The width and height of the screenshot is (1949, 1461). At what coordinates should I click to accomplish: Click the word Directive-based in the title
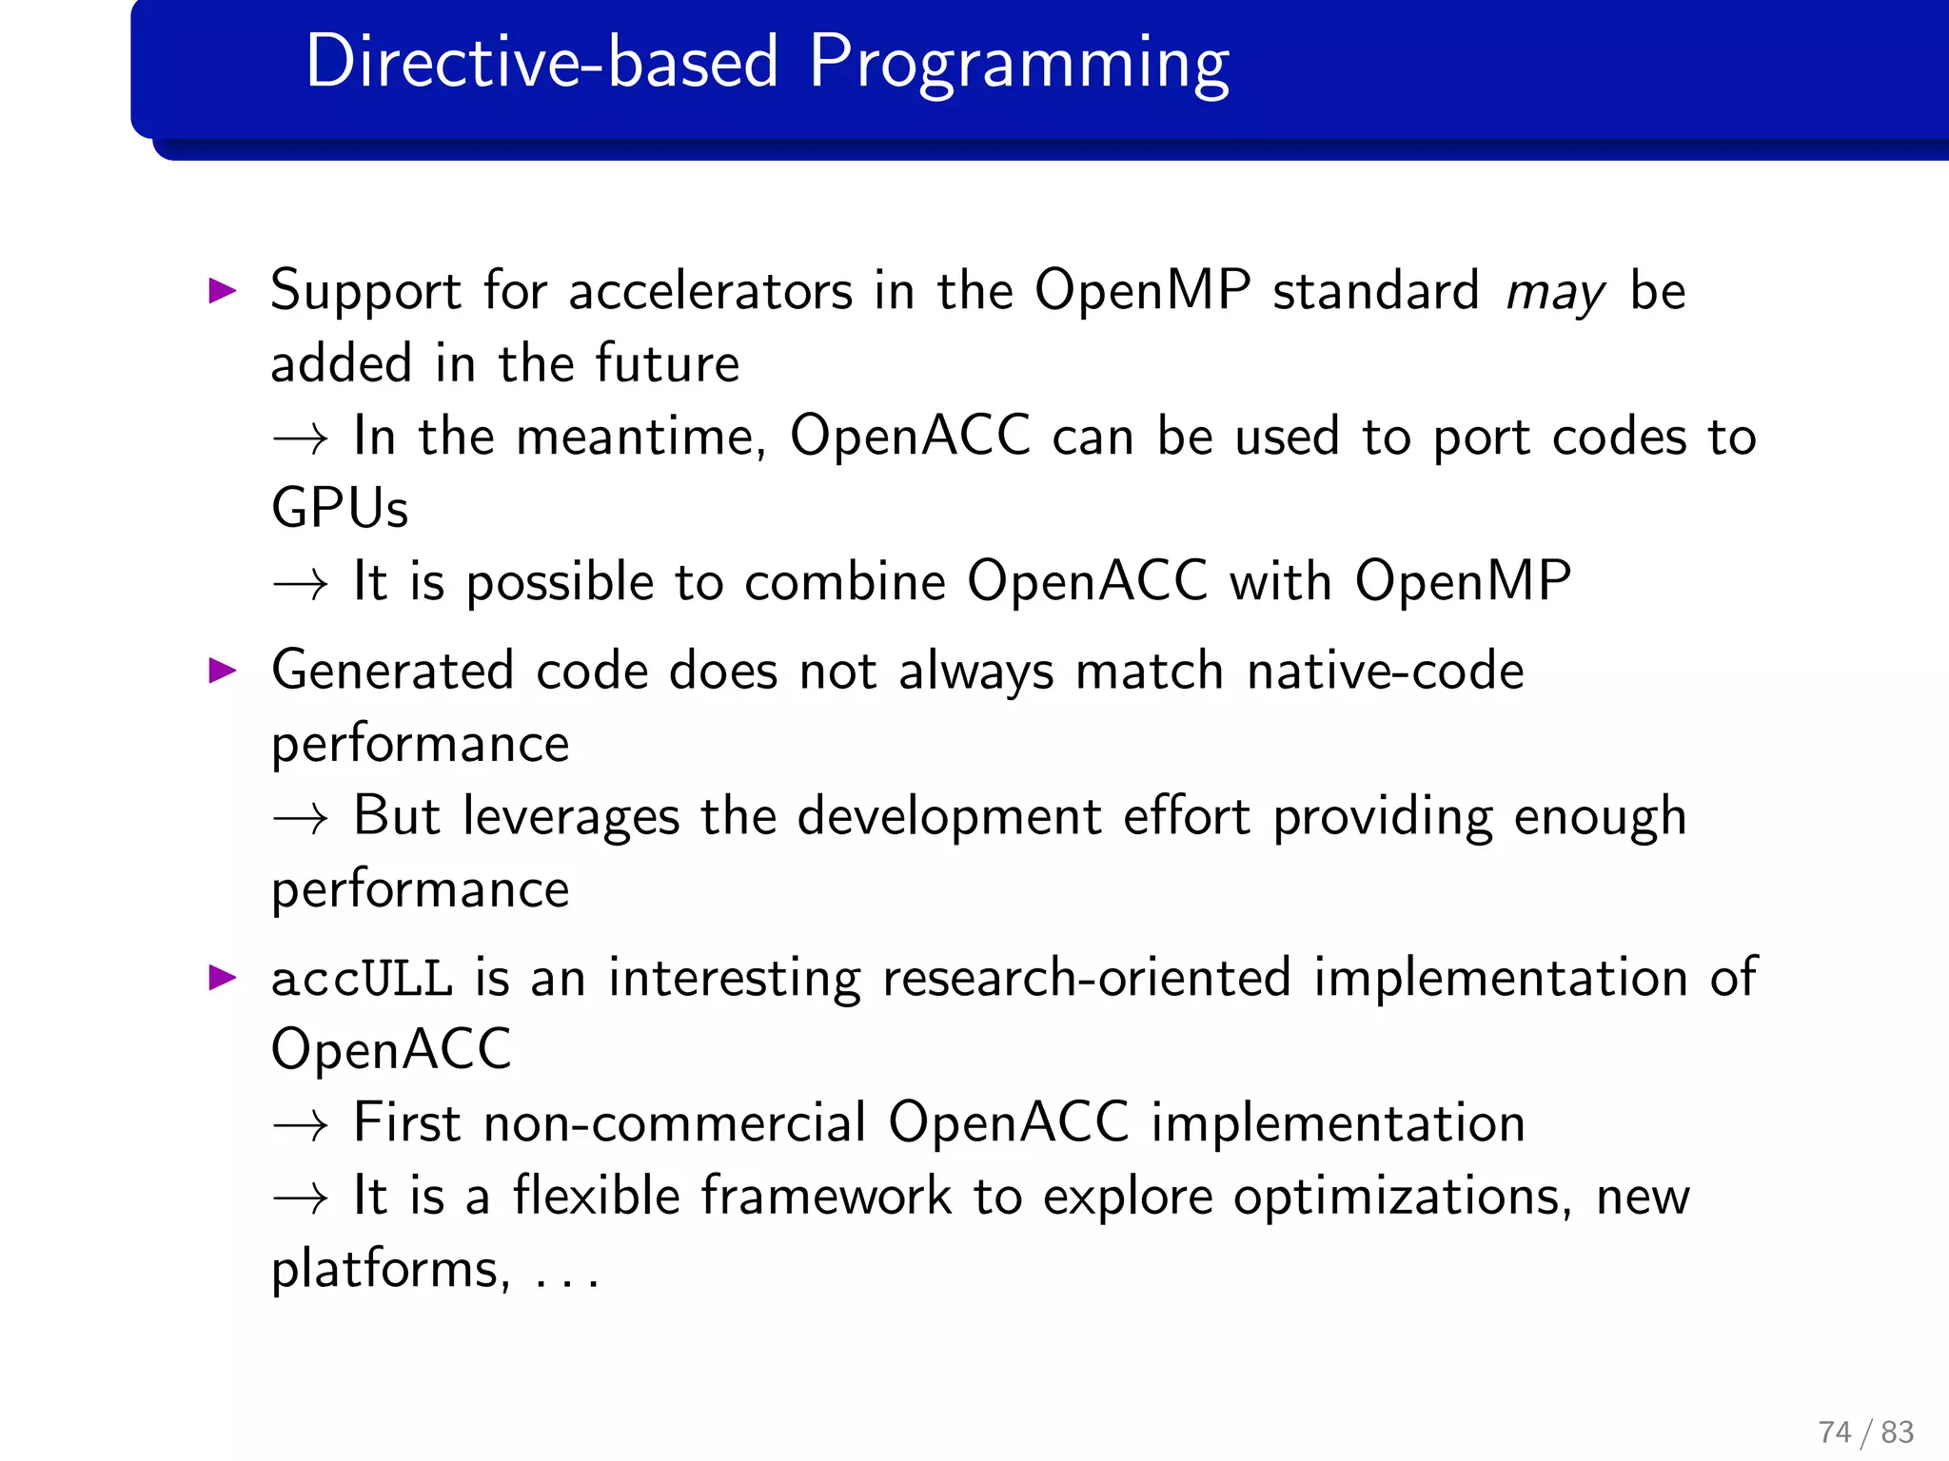click(541, 63)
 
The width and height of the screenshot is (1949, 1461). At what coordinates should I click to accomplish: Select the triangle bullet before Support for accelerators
click(223, 290)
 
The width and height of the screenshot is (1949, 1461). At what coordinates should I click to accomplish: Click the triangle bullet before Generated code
click(223, 671)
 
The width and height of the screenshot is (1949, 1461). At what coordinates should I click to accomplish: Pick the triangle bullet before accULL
click(223, 977)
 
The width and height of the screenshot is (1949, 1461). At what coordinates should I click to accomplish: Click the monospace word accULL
click(362, 979)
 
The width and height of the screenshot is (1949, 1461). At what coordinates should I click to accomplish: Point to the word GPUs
click(340, 508)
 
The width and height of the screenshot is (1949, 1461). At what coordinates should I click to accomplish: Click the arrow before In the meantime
click(301, 438)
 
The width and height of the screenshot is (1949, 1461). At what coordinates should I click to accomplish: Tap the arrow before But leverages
click(301, 818)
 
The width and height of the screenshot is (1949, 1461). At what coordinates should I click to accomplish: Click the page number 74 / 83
click(1865, 1432)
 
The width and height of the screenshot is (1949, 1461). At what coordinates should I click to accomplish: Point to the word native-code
click(1386, 671)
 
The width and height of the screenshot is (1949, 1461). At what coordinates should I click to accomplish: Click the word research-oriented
click(1086, 979)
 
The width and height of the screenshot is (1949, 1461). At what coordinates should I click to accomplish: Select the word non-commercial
click(675, 1123)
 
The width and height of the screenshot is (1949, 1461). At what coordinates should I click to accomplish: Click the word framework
click(826, 1197)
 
